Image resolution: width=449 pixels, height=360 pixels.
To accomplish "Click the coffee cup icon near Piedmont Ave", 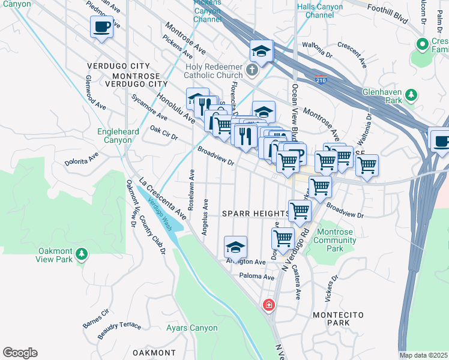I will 101,26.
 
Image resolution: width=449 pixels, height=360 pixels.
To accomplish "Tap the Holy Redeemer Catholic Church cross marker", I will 252,71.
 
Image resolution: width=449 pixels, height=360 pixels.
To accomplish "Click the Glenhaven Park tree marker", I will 411,94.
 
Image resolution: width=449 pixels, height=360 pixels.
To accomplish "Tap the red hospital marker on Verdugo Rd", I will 268,305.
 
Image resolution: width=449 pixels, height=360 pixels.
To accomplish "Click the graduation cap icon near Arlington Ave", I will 235,247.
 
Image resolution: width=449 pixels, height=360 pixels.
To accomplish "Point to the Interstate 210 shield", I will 322,79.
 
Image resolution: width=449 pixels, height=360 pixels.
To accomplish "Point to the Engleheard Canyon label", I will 119,136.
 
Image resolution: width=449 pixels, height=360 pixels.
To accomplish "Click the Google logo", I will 20,353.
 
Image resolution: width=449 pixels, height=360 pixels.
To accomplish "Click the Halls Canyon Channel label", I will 320,11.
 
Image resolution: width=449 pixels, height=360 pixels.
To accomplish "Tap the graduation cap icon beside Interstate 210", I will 262,51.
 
